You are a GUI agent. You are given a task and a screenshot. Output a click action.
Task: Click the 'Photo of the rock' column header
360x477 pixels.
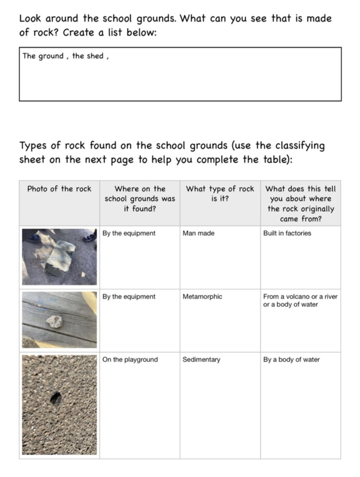point(59,189)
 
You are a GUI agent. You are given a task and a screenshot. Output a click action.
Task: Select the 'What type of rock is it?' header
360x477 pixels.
point(220,194)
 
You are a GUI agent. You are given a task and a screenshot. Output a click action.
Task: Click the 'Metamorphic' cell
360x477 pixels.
point(202,297)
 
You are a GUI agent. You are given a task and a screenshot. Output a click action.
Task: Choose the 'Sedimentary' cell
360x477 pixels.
point(201,360)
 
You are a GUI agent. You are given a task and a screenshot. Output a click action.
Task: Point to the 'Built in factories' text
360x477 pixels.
point(287,233)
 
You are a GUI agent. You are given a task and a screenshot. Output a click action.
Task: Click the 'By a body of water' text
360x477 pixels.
point(291,360)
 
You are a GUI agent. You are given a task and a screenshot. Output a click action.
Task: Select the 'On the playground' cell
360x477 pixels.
point(130,360)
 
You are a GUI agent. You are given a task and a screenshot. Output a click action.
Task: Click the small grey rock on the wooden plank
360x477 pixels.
point(55,321)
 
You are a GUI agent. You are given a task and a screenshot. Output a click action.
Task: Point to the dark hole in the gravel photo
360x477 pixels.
point(56,398)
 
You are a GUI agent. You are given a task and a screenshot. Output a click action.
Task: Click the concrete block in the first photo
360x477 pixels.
point(60,257)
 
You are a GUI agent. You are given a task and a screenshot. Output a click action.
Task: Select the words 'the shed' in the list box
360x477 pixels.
point(88,56)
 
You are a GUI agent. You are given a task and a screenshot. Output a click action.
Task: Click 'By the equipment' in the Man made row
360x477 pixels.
point(129,233)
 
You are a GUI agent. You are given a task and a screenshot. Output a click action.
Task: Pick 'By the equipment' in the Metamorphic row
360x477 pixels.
point(129,297)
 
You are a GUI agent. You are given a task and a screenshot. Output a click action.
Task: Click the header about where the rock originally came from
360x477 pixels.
point(300,204)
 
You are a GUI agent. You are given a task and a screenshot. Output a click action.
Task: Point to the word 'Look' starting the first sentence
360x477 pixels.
point(30,18)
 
